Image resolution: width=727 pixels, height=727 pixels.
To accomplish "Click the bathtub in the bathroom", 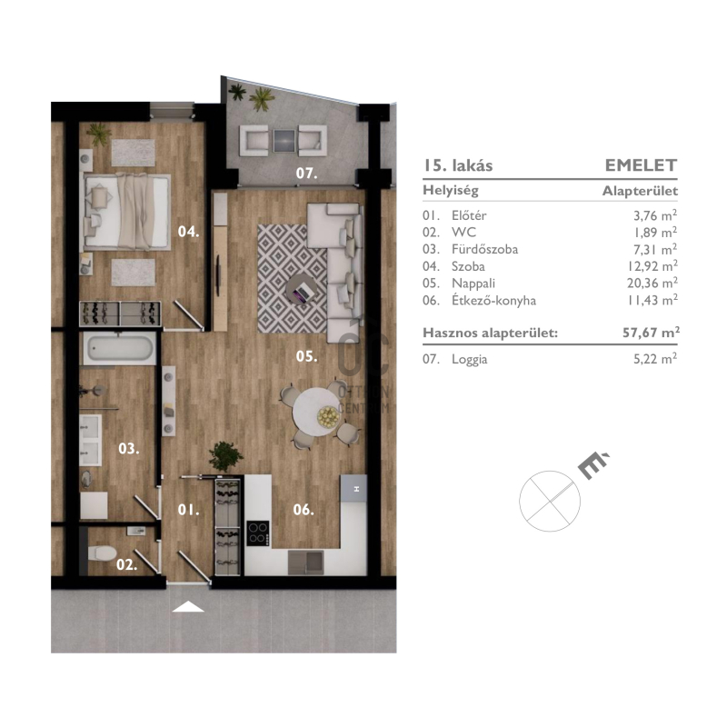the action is click(x=120, y=348).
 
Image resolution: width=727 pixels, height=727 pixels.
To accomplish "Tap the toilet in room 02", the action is click(x=102, y=553).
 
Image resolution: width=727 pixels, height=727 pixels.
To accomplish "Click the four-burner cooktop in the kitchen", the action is click(x=258, y=533).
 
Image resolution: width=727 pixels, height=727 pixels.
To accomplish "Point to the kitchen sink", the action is click(x=305, y=562).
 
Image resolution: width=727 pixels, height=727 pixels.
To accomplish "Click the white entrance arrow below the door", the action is click(x=188, y=606).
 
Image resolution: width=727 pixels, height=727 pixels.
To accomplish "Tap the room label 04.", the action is click(x=189, y=231).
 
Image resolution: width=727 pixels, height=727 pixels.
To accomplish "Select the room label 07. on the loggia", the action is click(x=307, y=173).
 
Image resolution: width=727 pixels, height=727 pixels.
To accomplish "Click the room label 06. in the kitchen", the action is click(x=304, y=510).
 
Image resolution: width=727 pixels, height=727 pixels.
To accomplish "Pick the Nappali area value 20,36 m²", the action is click(x=652, y=283).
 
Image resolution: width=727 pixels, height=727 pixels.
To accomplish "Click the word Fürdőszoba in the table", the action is click(x=484, y=249).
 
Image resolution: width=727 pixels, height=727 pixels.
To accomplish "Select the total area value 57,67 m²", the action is click(x=651, y=333).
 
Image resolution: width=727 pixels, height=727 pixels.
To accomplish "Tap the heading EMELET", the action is click(x=641, y=165).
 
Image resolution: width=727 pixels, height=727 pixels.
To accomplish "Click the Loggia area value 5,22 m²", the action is click(x=655, y=359).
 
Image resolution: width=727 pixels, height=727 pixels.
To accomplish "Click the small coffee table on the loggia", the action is click(x=284, y=141).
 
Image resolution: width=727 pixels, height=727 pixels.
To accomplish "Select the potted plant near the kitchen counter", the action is click(x=225, y=456).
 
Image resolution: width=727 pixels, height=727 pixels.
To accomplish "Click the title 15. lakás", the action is click(x=458, y=165).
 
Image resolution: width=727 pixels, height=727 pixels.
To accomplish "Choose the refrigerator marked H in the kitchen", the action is click(x=354, y=488).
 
